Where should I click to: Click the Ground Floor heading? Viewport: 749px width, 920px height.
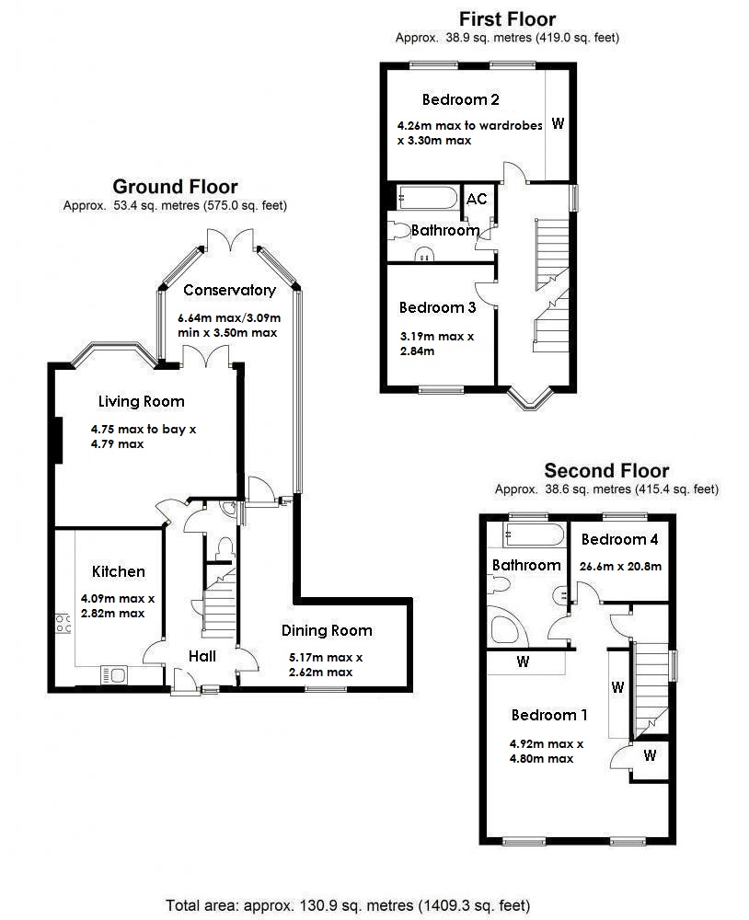pyautogui.click(x=175, y=188)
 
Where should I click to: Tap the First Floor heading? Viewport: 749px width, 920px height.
pyautogui.click(x=507, y=18)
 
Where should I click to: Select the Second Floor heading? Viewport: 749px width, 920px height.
pyautogui.click(x=606, y=471)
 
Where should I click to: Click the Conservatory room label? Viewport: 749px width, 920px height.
pyautogui.click(x=229, y=290)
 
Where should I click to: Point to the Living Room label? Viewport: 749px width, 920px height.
pyautogui.click(x=142, y=401)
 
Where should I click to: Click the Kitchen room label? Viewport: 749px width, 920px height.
pyautogui.click(x=119, y=571)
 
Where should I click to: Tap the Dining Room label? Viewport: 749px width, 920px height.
pyautogui.click(x=327, y=630)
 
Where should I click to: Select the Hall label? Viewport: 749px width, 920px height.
pyautogui.click(x=202, y=656)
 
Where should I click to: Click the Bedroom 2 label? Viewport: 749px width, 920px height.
pyautogui.click(x=460, y=99)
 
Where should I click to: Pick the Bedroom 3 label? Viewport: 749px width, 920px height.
pyautogui.click(x=437, y=307)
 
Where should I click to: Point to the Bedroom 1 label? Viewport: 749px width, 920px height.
pyautogui.click(x=549, y=715)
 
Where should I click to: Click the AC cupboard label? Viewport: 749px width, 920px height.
pyautogui.click(x=476, y=200)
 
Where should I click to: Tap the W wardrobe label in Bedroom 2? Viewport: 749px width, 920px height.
pyautogui.click(x=558, y=124)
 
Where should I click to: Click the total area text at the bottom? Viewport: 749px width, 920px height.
pyautogui.click(x=348, y=904)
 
